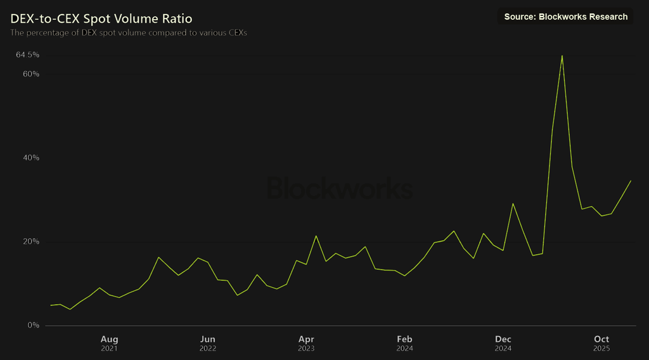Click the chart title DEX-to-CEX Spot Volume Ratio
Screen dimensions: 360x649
101,19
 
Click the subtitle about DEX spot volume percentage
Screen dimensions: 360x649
129,32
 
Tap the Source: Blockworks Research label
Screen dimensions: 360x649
565,16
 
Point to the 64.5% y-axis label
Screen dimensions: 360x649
28,55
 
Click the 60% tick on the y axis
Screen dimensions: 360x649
31,74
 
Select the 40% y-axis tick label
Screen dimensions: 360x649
31,158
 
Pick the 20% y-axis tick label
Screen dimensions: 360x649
31,241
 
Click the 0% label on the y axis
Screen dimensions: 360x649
34,325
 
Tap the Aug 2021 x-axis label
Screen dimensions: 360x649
109,344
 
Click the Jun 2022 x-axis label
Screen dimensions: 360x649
208,344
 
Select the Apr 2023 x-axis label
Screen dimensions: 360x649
306,344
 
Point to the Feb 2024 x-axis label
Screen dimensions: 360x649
404,344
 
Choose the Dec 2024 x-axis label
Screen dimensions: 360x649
503,344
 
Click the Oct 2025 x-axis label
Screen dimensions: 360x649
601,344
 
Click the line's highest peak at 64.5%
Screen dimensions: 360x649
562,56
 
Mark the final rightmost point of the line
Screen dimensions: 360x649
631,181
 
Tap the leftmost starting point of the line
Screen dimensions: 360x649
51,305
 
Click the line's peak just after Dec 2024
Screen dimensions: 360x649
513,203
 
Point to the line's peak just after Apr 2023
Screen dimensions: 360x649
316,236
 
